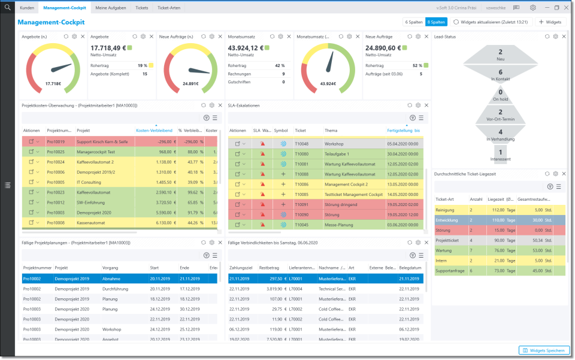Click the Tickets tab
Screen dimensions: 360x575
click(x=142, y=8)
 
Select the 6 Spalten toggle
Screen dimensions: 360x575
click(x=413, y=22)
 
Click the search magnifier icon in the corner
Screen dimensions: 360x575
click(x=7, y=8)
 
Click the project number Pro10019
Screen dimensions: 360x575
click(x=56, y=142)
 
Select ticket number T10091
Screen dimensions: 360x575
click(x=301, y=204)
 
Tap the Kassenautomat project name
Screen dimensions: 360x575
click(x=90, y=223)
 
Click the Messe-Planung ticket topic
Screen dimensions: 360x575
click(x=339, y=225)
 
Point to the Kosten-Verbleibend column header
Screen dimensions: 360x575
click(x=154, y=131)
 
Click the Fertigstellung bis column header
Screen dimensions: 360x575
click(x=403, y=131)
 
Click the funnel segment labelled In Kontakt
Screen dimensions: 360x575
click(x=501, y=75)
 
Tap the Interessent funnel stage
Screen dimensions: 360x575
click(x=501, y=156)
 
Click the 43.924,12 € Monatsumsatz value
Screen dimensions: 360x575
click(x=246, y=48)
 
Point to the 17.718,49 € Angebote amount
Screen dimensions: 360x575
click(x=108, y=48)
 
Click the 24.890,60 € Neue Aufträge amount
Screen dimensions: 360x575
click(x=383, y=48)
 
